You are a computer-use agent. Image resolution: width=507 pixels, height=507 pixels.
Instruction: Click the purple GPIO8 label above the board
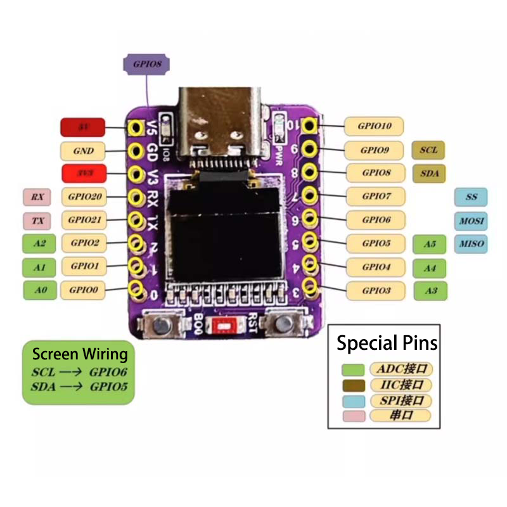point(147,64)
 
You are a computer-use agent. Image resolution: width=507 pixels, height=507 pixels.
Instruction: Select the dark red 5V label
point(83,127)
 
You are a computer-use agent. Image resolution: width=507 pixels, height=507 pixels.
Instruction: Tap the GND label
point(83,151)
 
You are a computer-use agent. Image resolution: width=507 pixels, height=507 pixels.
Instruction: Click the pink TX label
point(37,221)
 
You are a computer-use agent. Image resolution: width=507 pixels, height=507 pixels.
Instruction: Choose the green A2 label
point(39,243)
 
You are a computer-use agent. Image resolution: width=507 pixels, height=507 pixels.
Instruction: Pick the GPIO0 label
point(83,290)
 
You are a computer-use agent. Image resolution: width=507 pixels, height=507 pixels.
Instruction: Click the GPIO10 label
point(375,126)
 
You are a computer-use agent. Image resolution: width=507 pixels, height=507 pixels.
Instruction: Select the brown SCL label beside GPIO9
point(428,150)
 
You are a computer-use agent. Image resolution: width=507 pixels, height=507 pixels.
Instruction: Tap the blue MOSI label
point(471,221)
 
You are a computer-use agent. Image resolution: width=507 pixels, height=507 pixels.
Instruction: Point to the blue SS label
point(471,197)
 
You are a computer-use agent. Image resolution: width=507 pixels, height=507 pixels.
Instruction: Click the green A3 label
point(430,291)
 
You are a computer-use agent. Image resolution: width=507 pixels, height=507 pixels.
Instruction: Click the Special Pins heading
point(387,343)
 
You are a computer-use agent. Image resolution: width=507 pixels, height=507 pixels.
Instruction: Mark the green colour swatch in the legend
point(352,369)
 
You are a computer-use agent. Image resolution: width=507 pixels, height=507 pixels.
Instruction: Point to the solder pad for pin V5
point(135,127)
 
